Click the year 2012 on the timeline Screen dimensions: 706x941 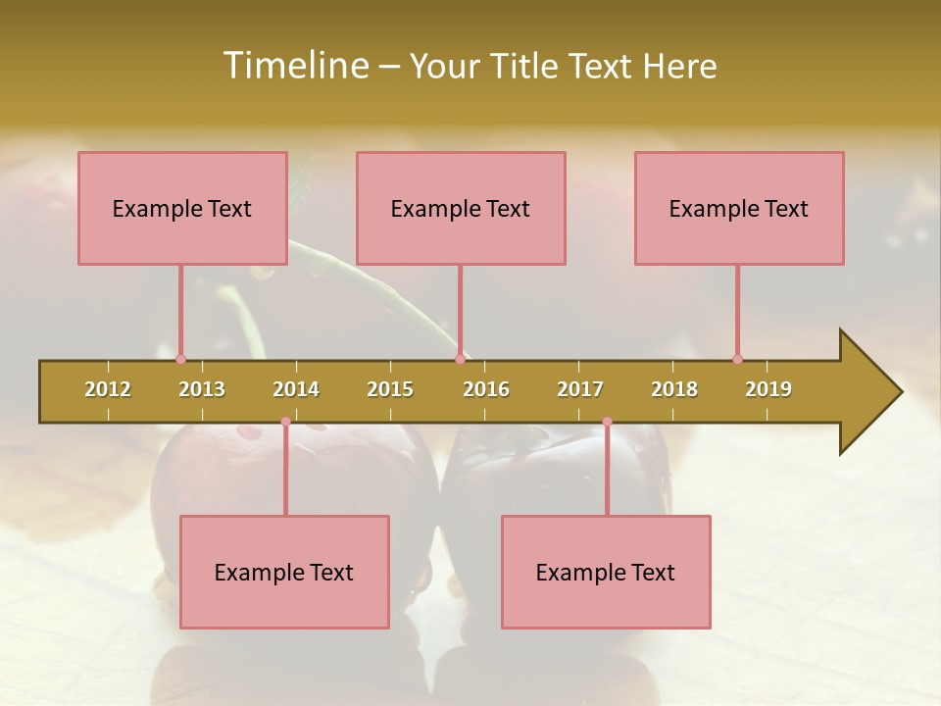[x=108, y=389]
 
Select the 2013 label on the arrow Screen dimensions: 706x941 [x=202, y=389]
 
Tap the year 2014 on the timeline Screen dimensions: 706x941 [x=296, y=389]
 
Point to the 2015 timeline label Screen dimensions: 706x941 [x=390, y=389]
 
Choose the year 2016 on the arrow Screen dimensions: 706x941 [x=486, y=389]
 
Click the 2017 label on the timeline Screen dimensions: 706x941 [x=580, y=389]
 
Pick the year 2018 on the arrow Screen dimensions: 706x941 [x=674, y=389]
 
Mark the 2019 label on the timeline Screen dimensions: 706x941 [x=768, y=389]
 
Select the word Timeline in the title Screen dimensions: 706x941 [x=295, y=66]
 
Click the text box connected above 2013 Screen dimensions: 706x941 [x=182, y=208]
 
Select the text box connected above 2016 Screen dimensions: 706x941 [x=461, y=208]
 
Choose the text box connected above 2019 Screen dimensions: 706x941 [x=739, y=208]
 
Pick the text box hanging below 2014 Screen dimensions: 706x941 [x=284, y=572]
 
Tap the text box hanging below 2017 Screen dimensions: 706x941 [x=606, y=572]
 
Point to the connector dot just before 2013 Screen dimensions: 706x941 [x=180, y=359]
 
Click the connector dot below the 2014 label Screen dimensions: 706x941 [x=285, y=422]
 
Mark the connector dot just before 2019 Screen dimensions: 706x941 [x=737, y=359]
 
